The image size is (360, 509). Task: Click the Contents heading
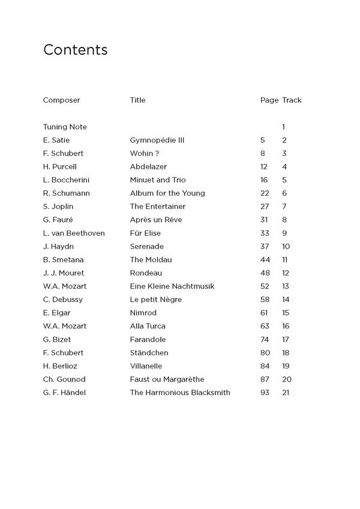[x=75, y=50]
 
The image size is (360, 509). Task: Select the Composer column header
[x=61, y=100]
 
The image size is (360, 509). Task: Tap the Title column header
[x=137, y=100]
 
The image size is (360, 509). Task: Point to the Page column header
[x=269, y=100]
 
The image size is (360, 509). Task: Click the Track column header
[x=292, y=100]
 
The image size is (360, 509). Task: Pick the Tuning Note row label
[x=65, y=127]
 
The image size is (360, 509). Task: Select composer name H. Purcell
[x=60, y=167]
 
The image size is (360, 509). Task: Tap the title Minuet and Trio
[x=158, y=180]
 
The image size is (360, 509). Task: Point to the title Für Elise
[x=145, y=233]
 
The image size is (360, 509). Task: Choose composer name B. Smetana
[x=64, y=259]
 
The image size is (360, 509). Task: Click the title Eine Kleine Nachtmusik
[x=172, y=286]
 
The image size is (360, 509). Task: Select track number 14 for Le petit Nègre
[x=286, y=300]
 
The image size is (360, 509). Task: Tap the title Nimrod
[x=143, y=313]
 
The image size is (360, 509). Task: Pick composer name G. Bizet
[x=57, y=339]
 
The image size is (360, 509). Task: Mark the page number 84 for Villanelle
[x=265, y=366]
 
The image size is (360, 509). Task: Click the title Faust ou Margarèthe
[x=167, y=379]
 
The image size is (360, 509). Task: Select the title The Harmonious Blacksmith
[x=180, y=393]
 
